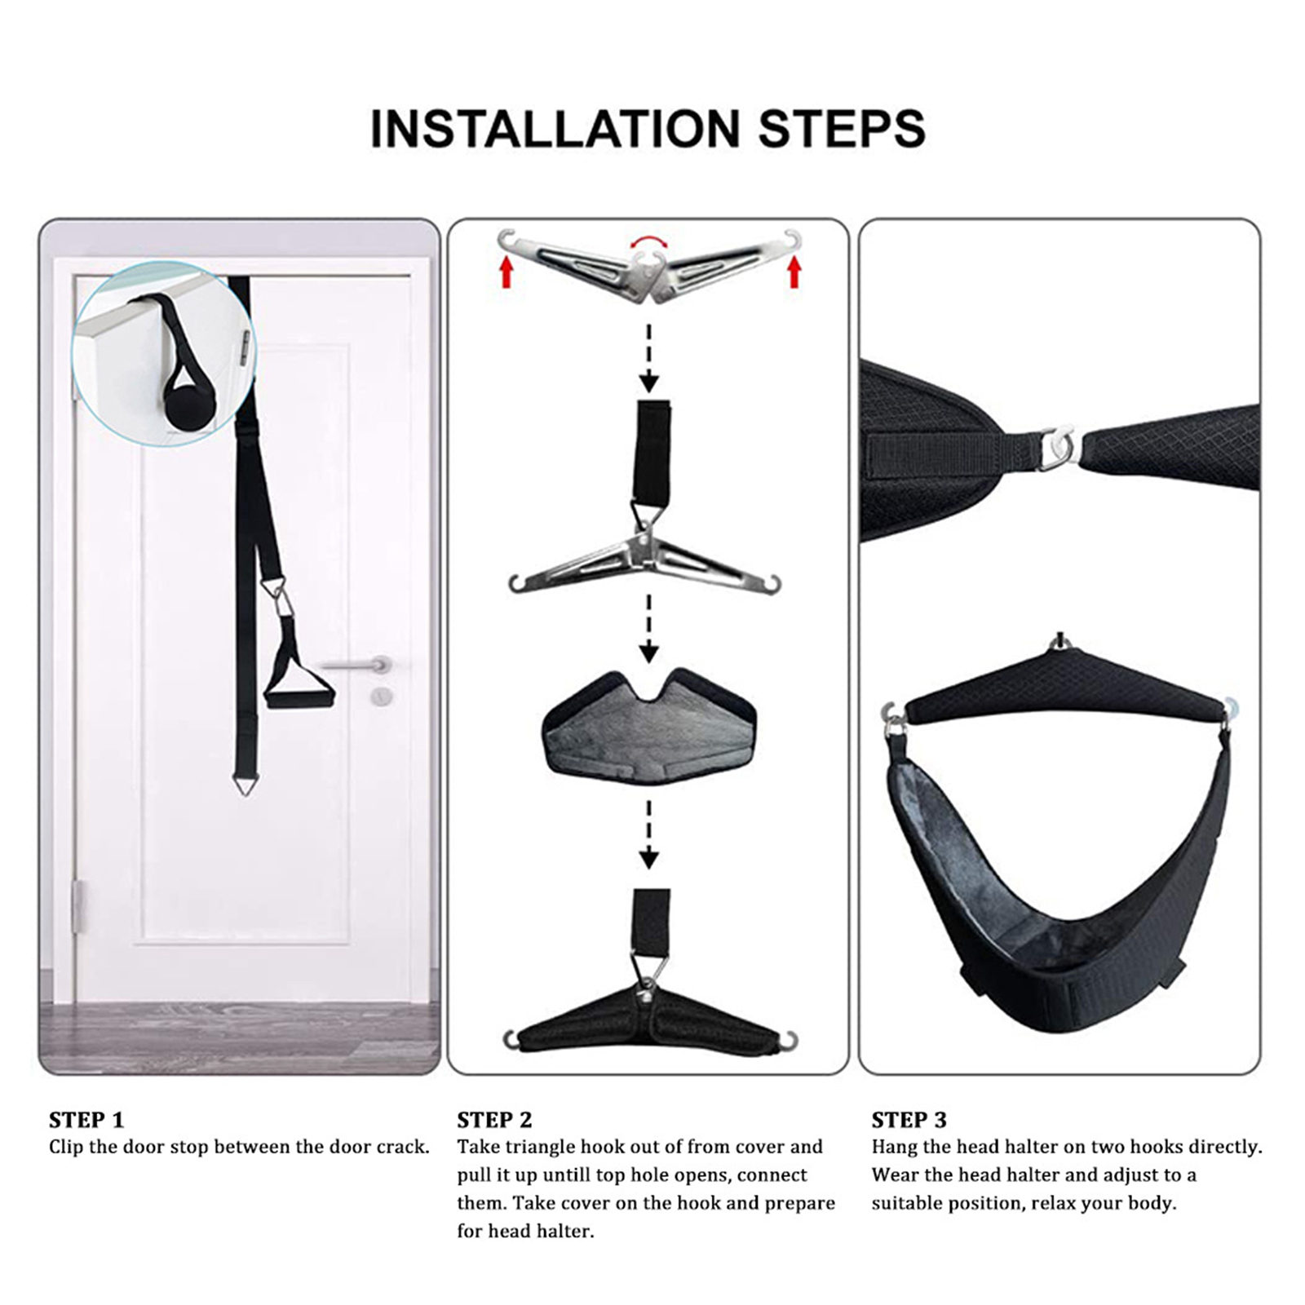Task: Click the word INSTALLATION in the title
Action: click(x=555, y=129)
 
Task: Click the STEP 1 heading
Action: click(x=86, y=1119)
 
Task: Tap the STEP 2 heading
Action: click(x=494, y=1119)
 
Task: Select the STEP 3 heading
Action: click(x=909, y=1119)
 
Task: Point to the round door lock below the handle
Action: click(x=381, y=697)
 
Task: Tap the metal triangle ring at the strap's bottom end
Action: click(x=246, y=784)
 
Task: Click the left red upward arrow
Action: click(x=507, y=272)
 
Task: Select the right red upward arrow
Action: click(x=794, y=272)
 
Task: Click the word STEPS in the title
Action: click(x=843, y=129)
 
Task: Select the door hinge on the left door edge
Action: click(x=78, y=906)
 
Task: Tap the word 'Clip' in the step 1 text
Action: click(x=67, y=1147)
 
